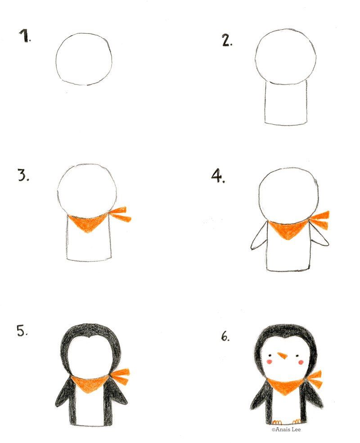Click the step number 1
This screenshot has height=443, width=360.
25,36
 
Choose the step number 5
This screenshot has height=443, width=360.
22,331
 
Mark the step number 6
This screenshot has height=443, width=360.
225,336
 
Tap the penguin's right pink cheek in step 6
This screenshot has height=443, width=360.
301,362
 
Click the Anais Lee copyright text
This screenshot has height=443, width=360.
286,430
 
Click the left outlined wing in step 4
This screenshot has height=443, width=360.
259,237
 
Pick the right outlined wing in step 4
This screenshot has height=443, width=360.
319,234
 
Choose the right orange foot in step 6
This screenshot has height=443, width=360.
297,422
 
